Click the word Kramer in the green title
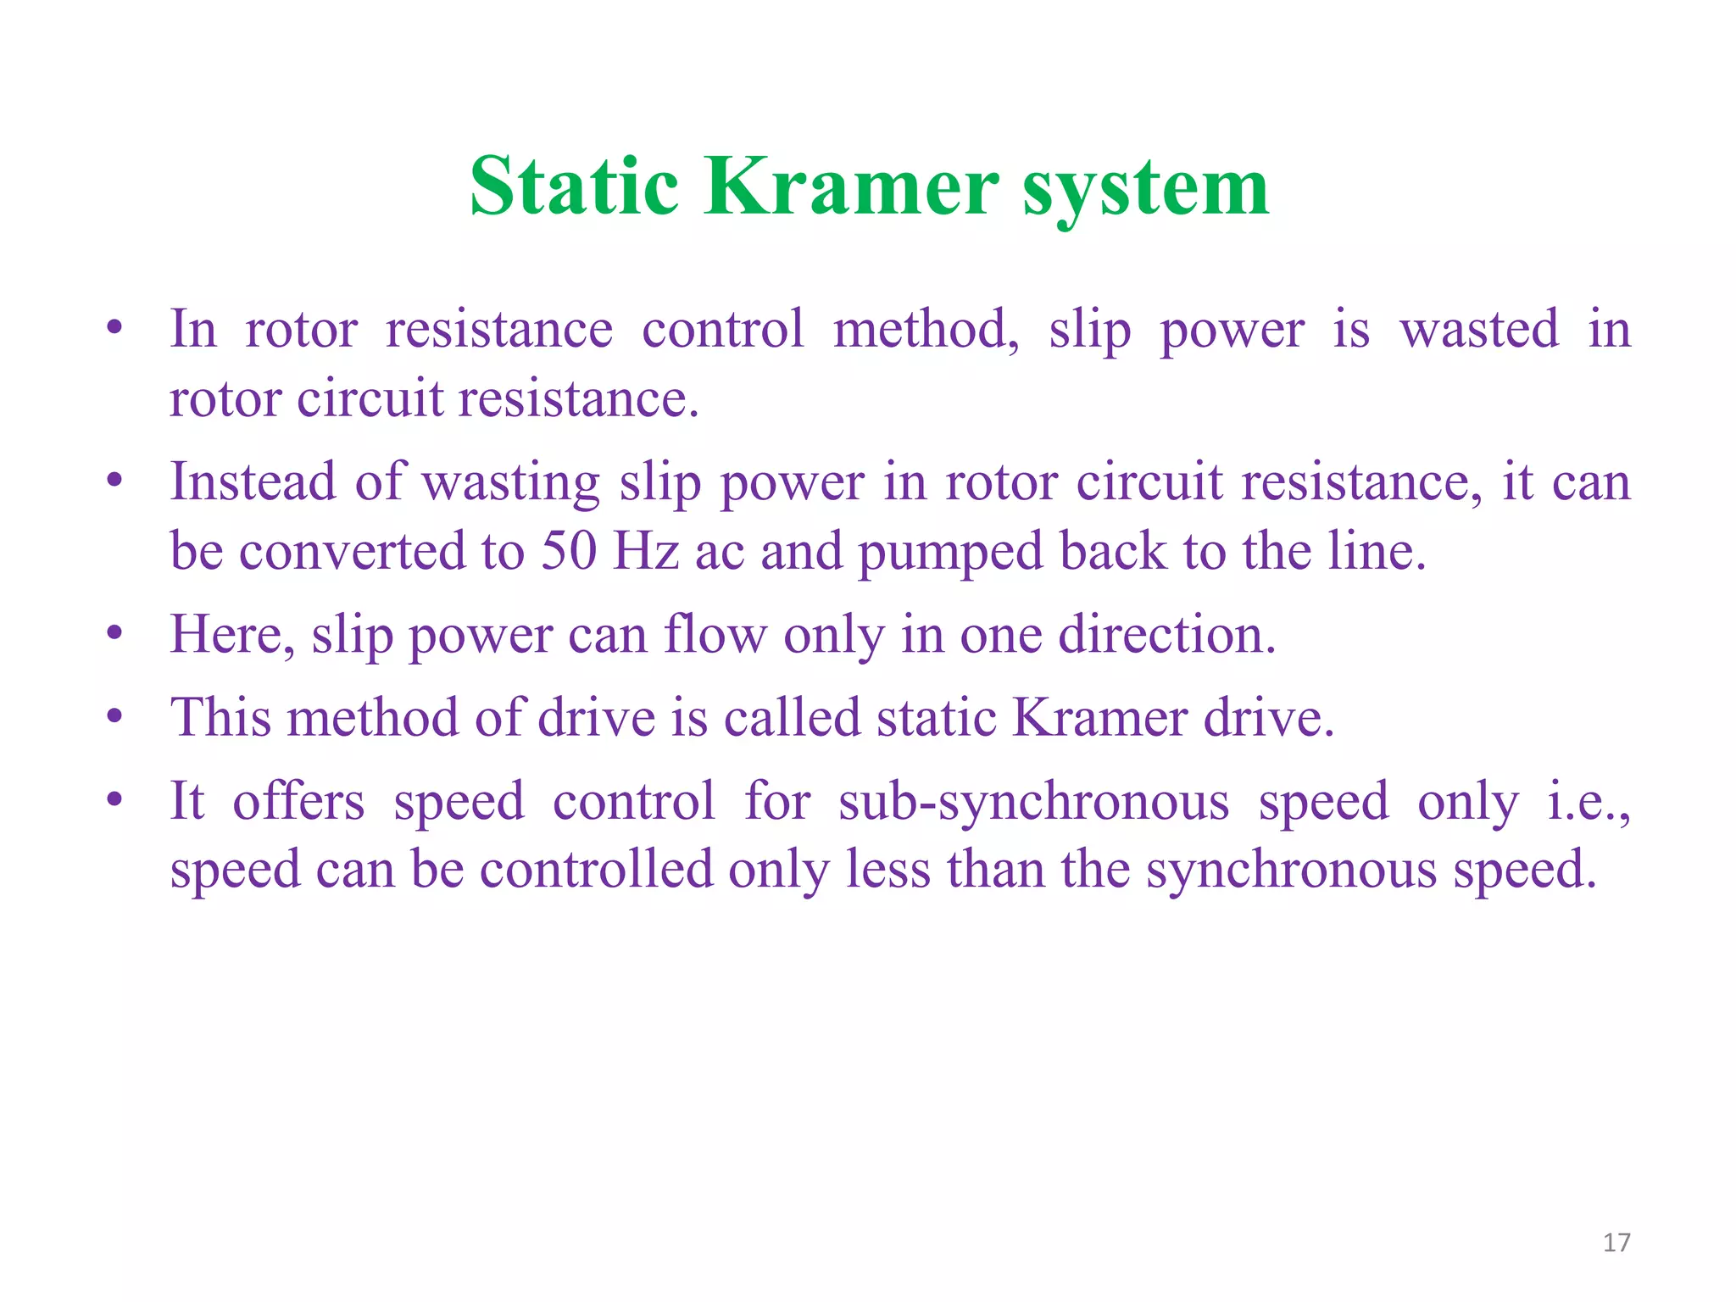point(850,187)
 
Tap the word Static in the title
point(574,187)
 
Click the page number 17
point(1616,1243)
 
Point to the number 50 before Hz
point(570,551)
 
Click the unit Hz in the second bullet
point(646,551)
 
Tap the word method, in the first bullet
point(926,331)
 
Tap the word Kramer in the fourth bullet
point(1099,717)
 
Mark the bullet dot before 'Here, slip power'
point(115,633)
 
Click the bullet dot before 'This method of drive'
point(115,717)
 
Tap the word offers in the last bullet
point(298,801)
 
